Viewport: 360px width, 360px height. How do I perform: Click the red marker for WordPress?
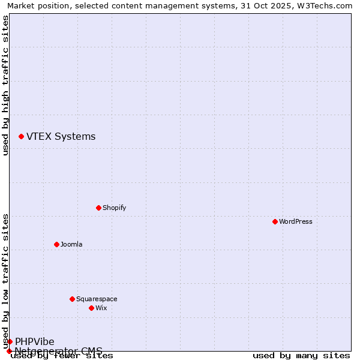click(x=275, y=221)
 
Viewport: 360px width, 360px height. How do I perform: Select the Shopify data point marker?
click(x=98, y=208)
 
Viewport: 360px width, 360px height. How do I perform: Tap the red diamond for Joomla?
click(x=56, y=244)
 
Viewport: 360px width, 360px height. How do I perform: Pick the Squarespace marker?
click(x=72, y=299)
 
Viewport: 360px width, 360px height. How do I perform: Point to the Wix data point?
click(x=91, y=308)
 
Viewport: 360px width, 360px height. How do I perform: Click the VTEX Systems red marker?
click(x=21, y=137)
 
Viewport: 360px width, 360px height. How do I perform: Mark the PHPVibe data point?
click(x=10, y=341)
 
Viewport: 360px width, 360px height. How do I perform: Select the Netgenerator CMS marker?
click(x=9, y=351)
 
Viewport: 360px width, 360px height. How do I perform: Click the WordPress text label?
click(x=296, y=221)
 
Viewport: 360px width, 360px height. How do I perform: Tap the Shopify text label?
click(x=114, y=208)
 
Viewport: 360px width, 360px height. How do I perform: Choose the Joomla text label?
click(x=71, y=244)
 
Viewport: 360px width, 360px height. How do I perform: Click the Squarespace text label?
click(x=97, y=299)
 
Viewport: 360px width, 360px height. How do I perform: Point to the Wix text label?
click(x=101, y=308)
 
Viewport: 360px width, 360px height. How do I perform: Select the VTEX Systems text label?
click(x=61, y=136)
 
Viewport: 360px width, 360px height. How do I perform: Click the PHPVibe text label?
click(x=34, y=341)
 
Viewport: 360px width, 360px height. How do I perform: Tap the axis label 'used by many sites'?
click(x=301, y=355)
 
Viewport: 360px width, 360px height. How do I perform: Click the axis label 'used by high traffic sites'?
click(x=5, y=86)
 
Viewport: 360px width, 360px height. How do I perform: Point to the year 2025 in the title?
click(x=270, y=5)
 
